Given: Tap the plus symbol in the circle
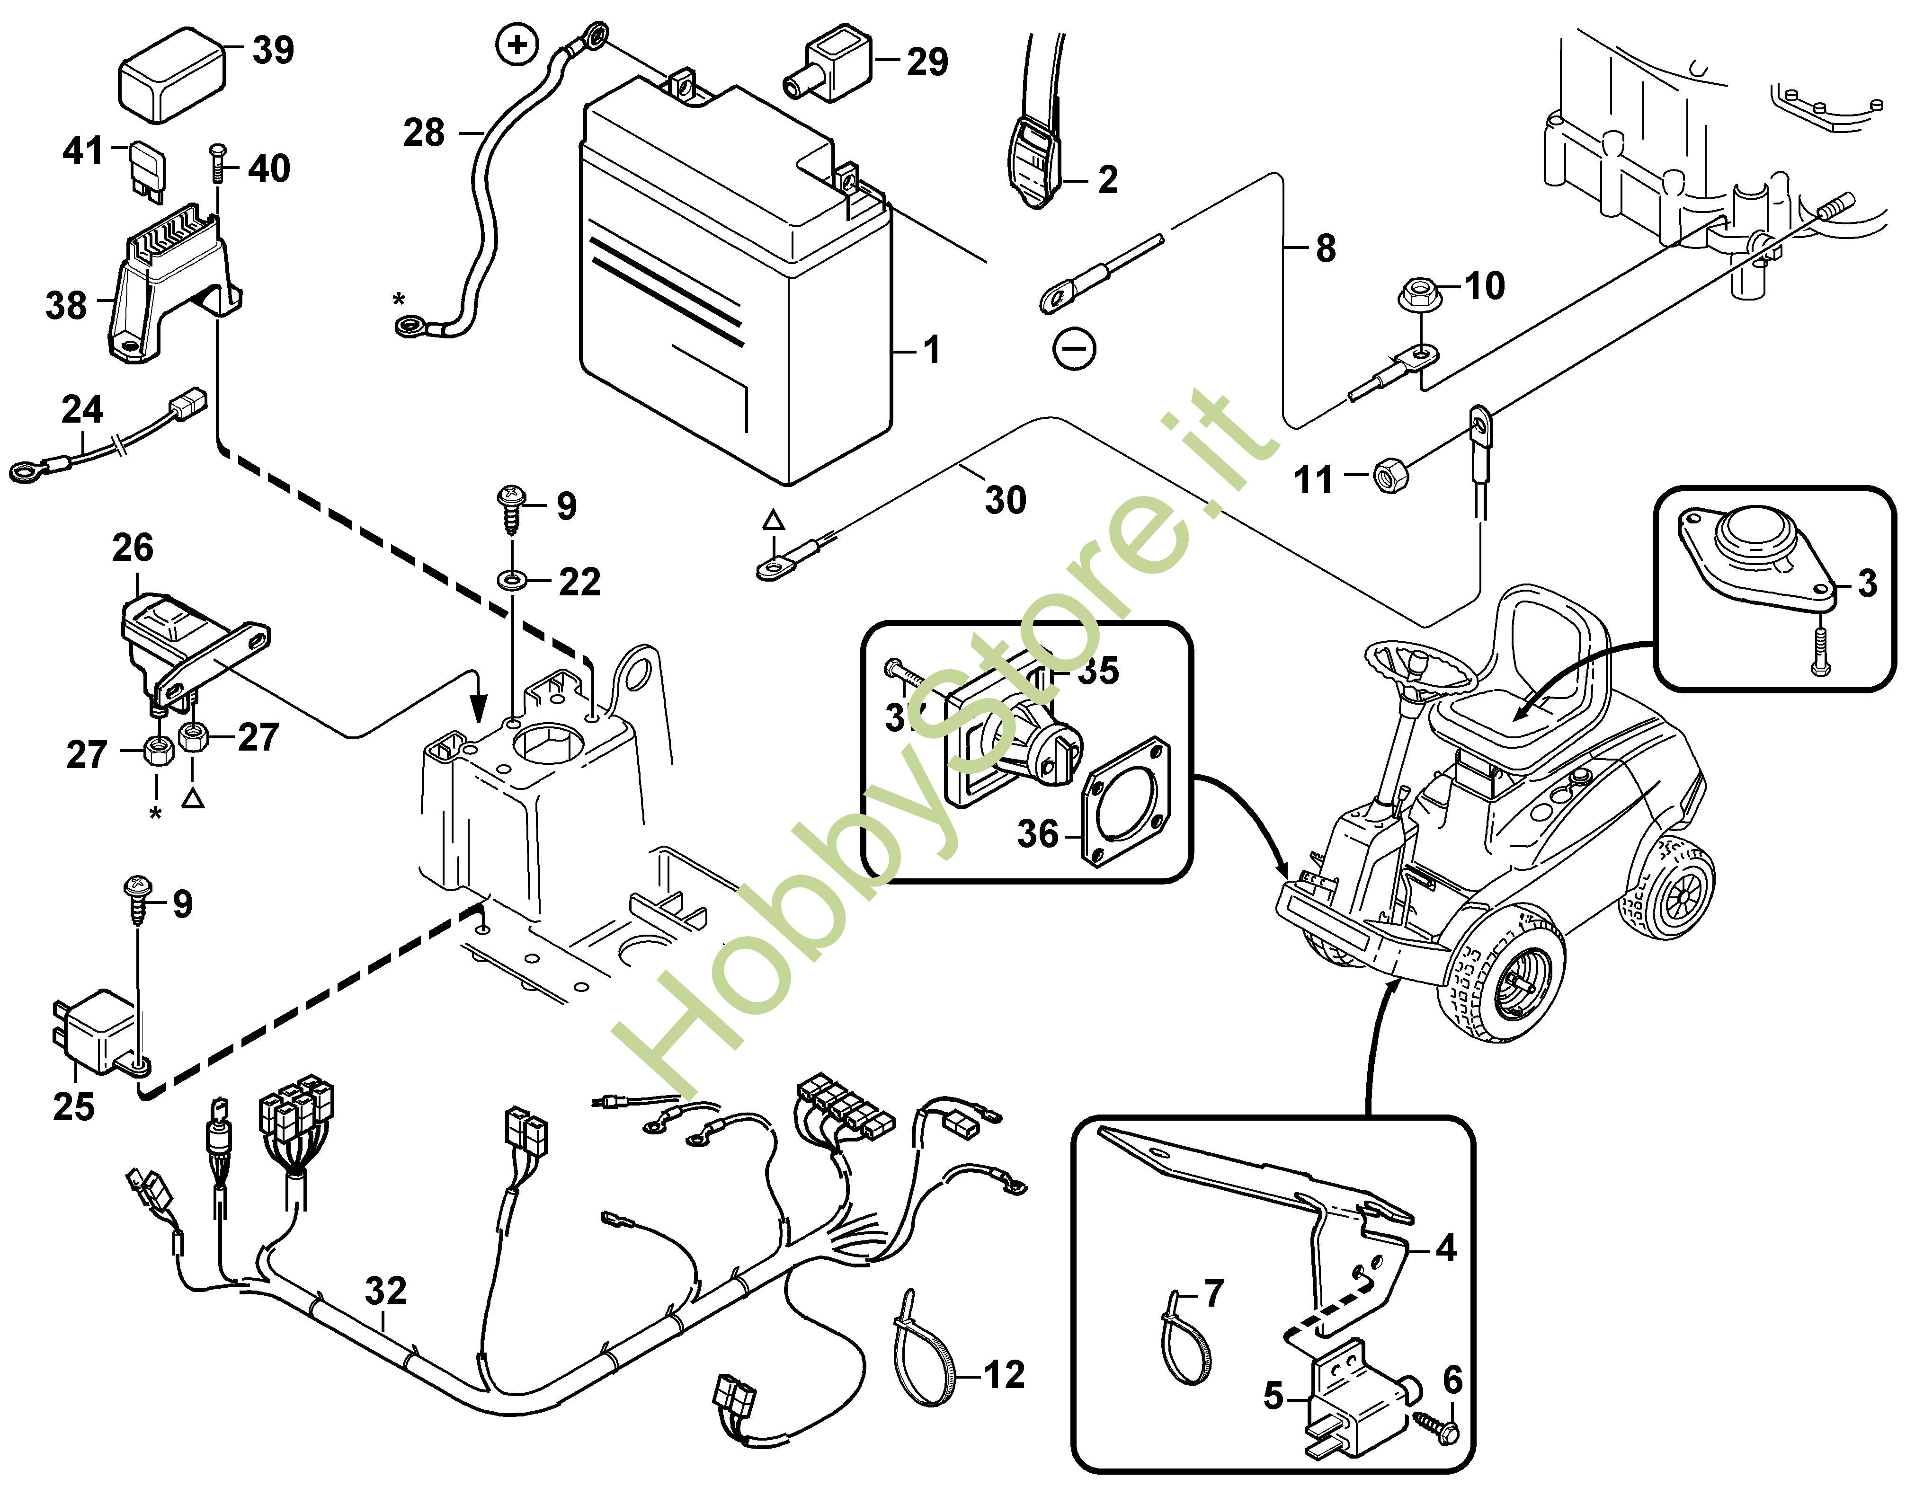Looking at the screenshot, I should coord(518,44).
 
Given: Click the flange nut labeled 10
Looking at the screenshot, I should coord(1418,293).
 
